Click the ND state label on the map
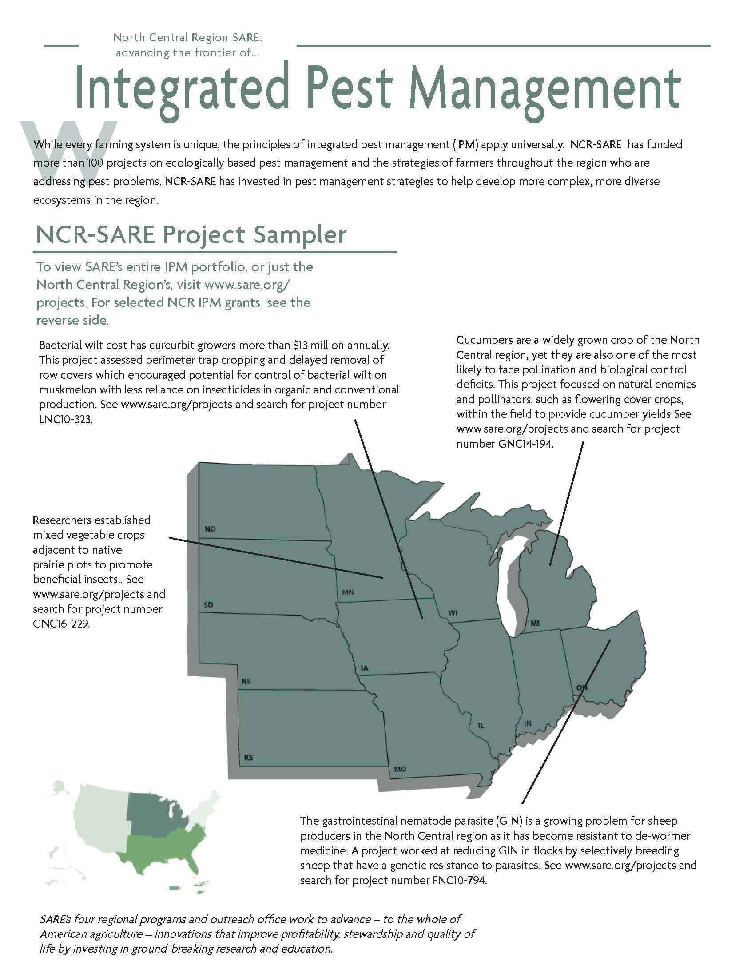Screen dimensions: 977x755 tap(210, 529)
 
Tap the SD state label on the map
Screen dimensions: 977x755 tap(208, 605)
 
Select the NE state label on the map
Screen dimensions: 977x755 tap(246, 681)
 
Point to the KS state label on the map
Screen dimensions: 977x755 tap(248, 757)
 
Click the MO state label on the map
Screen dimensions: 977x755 tap(400, 769)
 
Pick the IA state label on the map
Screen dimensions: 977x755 tap(365, 668)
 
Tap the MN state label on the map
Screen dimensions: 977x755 tap(348, 592)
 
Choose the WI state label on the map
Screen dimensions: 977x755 tap(453, 613)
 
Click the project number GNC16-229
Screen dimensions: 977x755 tap(61, 624)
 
